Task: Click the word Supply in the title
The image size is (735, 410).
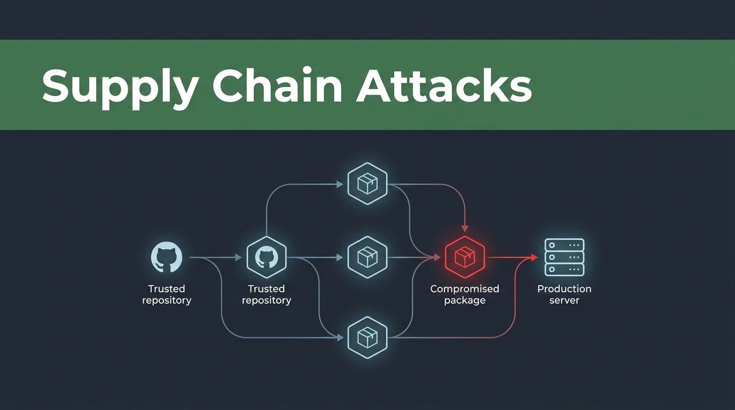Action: click(x=120, y=87)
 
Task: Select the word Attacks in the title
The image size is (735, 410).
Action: click(x=444, y=85)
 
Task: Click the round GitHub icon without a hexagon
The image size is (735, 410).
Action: click(x=167, y=257)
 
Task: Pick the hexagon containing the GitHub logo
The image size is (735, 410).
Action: click(x=267, y=257)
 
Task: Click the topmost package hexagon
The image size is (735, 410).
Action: click(x=367, y=184)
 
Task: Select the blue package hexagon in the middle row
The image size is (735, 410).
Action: click(x=367, y=257)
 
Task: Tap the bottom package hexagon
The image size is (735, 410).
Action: click(x=367, y=337)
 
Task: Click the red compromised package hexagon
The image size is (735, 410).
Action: click(x=465, y=257)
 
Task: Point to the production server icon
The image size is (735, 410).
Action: click(x=565, y=257)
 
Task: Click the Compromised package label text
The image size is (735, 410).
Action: click(x=465, y=295)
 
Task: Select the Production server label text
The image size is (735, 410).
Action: click(x=565, y=295)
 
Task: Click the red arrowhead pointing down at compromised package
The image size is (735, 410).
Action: click(x=465, y=228)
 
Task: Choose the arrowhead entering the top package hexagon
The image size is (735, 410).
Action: click(x=340, y=184)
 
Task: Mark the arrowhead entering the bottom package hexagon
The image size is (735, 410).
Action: click(x=340, y=337)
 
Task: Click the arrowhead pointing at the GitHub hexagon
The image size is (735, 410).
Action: click(x=239, y=257)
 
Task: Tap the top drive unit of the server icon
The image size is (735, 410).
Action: click(x=565, y=245)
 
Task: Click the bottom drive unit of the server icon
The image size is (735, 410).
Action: click(x=565, y=269)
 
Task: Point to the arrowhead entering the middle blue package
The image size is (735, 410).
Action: click(x=340, y=257)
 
